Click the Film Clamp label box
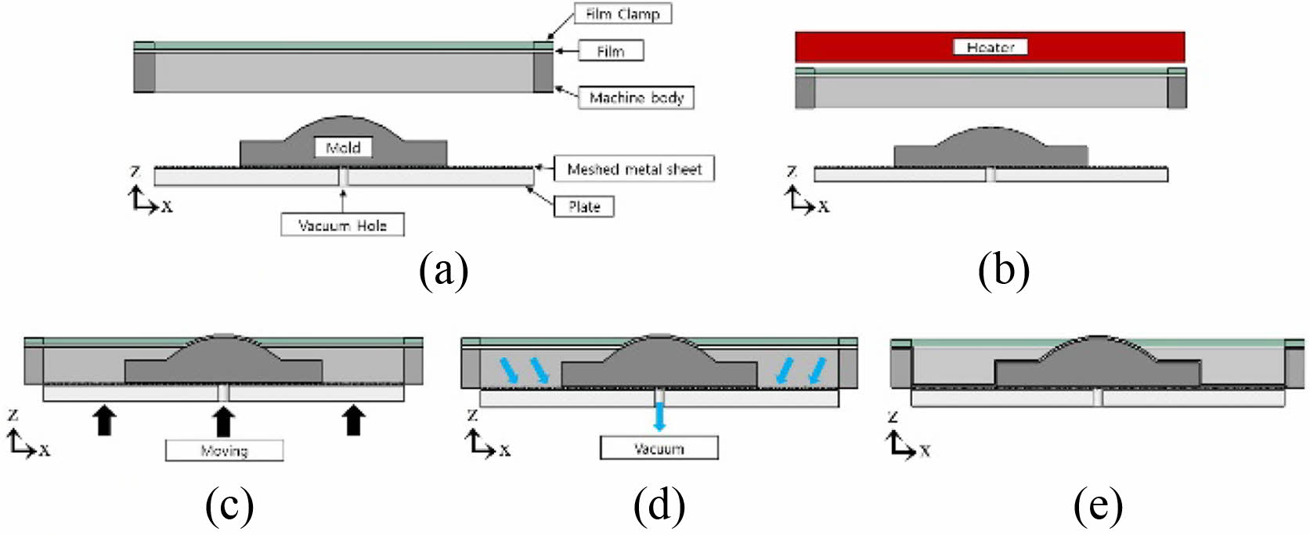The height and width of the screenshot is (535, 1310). coord(623,14)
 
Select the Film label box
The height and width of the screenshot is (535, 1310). coord(611,51)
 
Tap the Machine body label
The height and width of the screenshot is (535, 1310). coord(636,98)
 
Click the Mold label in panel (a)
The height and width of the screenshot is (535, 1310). coord(343,147)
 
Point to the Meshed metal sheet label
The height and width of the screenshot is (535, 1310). coord(634,169)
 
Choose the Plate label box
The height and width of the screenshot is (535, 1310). coord(584,206)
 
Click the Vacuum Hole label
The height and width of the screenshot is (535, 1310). coord(343,225)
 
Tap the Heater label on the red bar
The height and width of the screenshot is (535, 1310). coord(990,47)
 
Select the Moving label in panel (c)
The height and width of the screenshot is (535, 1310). coord(224,451)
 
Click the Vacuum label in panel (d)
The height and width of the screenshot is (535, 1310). coord(659,449)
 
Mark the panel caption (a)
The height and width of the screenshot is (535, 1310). coord(443,271)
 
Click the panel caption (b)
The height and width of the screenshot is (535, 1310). coord(1004,271)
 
